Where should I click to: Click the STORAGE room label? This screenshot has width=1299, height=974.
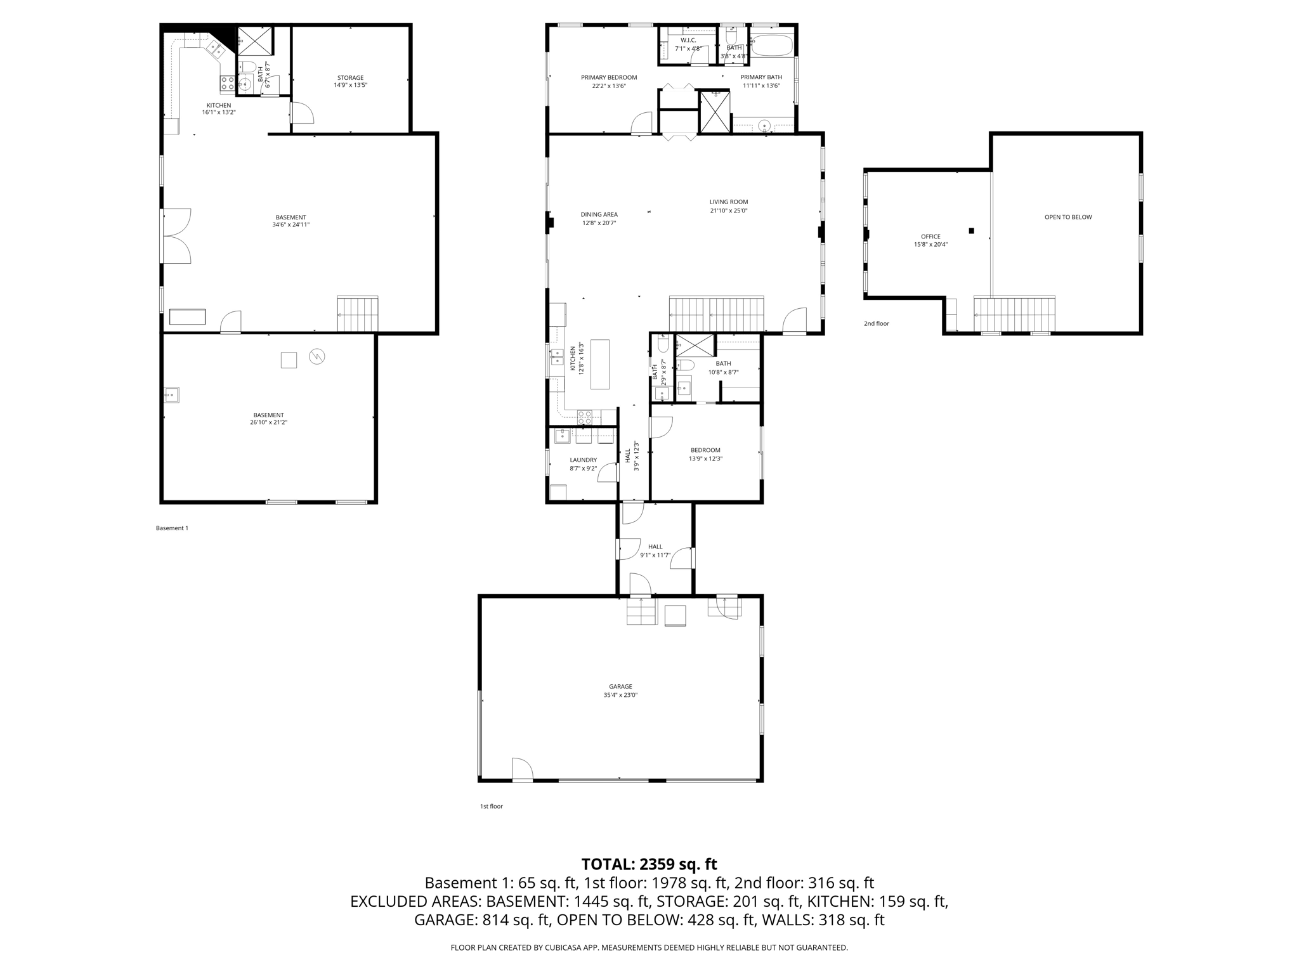click(350, 78)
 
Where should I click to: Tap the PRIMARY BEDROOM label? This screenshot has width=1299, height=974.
click(609, 78)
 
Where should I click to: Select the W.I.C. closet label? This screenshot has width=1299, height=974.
click(688, 40)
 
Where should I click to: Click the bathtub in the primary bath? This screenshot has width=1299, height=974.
click(772, 46)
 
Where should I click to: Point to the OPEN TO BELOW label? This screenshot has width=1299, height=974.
click(1068, 217)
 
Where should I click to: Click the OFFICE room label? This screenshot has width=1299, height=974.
click(930, 237)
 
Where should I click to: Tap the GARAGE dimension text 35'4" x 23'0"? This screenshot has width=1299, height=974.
click(620, 695)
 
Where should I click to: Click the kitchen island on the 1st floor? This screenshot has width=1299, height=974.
click(599, 365)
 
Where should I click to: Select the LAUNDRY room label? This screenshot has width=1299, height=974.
click(583, 460)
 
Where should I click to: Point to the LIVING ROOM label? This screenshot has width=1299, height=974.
click(728, 202)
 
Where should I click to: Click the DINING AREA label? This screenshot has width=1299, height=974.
click(599, 214)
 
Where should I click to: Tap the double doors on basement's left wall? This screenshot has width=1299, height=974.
click(176, 236)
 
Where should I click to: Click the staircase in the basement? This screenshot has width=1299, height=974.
click(357, 315)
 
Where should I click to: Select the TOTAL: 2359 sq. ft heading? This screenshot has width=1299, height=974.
click(649, 864)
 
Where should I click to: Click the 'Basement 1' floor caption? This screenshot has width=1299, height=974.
click(172, 528)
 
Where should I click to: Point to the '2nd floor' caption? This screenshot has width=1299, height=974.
click(876, 323)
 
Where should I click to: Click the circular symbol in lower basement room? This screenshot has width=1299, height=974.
click(317, 356)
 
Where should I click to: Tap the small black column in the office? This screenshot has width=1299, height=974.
click(971, 231)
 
